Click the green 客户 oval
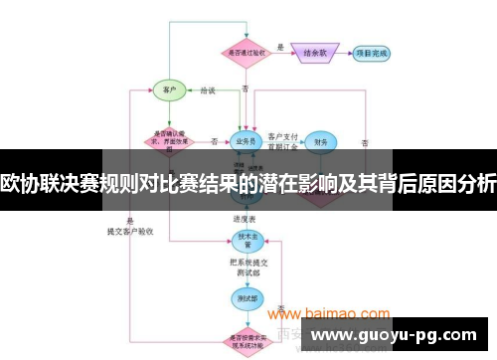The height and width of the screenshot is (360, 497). pyautogui.click(x=168, y=90)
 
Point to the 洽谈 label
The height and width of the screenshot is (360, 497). pyautogui.click(x=207, y=90)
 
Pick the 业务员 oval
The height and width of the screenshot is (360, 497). pyautogui.click(x=244, y=140)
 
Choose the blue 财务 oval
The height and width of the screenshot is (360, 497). pyautogui.click(x=319, y=142)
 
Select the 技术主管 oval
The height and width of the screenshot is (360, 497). pyautogui.click(x=244, y=240)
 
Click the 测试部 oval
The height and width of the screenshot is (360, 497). pyautogui.click(x=244, y=295)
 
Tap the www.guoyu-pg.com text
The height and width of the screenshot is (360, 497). pyautogui.click(x=399, y=334)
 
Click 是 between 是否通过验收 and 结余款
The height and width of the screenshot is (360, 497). pyautogui.click(x=280, y=47)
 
